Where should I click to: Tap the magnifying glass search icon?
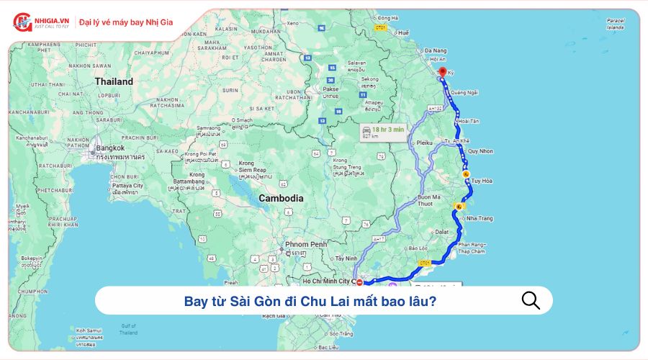(531, 300)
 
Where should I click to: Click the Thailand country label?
(114, 81)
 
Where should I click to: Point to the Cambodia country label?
(281, 198)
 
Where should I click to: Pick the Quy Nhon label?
(480, 151)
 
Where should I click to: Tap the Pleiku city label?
(425, 143)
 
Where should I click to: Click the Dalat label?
(441, 232)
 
